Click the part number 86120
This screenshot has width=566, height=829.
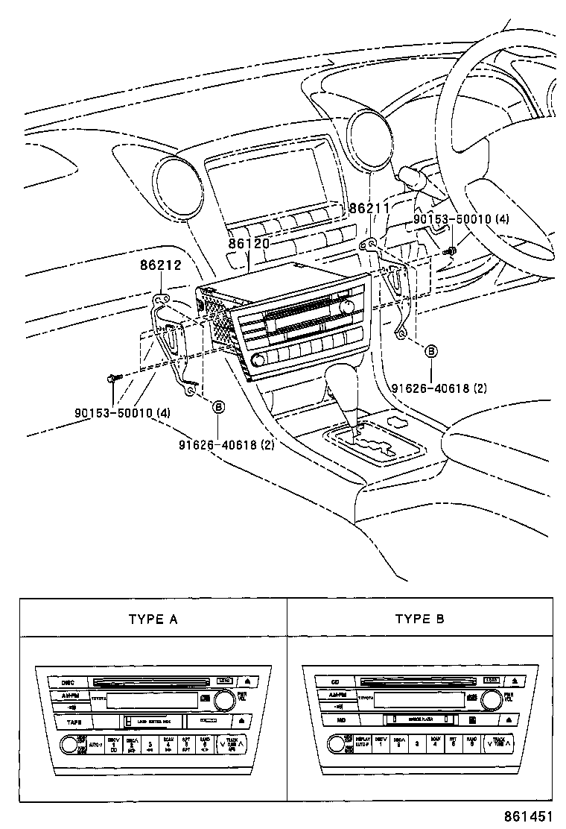pyautogui.click(x=249, y=243)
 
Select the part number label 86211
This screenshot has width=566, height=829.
pyautogui.click(x=369, y=209)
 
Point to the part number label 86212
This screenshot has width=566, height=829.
pyautogui.click(x=160, y=265)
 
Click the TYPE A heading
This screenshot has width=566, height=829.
pyautogui.click(x=153, y=619)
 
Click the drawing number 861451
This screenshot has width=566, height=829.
pyautogui.click(x=530, y=816)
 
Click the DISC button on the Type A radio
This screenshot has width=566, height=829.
pyautogui.click(x=69, y=681)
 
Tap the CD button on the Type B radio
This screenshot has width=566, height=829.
pyautogui.click(x=335, y=681)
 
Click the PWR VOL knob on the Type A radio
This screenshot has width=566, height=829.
pyautogui.click(x=223, y=699)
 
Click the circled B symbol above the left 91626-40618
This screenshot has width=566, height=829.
pyautogui.click(x=218, y=406)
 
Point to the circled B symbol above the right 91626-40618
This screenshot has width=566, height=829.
pyautogui.click(x=431, y=350)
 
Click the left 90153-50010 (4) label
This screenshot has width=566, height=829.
pyautogui.click(x=123, y=412)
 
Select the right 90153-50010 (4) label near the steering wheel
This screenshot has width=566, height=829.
pyautogui.click(x=461, y=221)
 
